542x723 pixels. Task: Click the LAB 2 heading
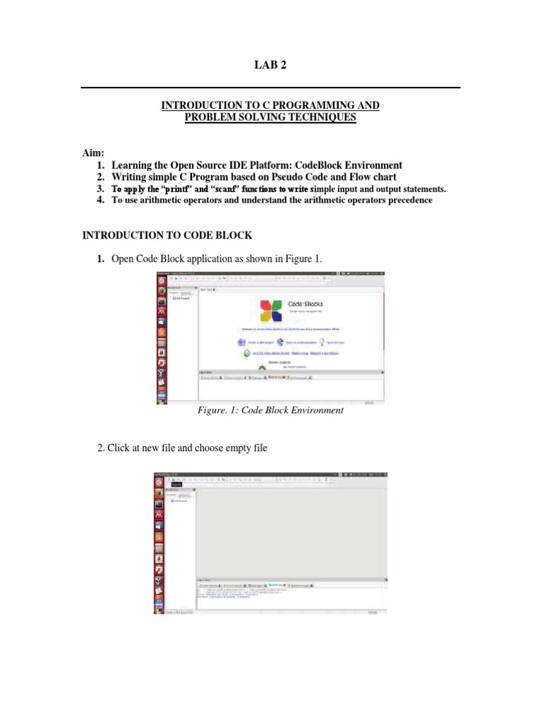click(271, 66)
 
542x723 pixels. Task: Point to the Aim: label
click(94, 153)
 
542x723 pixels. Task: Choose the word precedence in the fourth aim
click(402, 201)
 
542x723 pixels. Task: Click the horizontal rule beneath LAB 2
click(271, 88)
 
